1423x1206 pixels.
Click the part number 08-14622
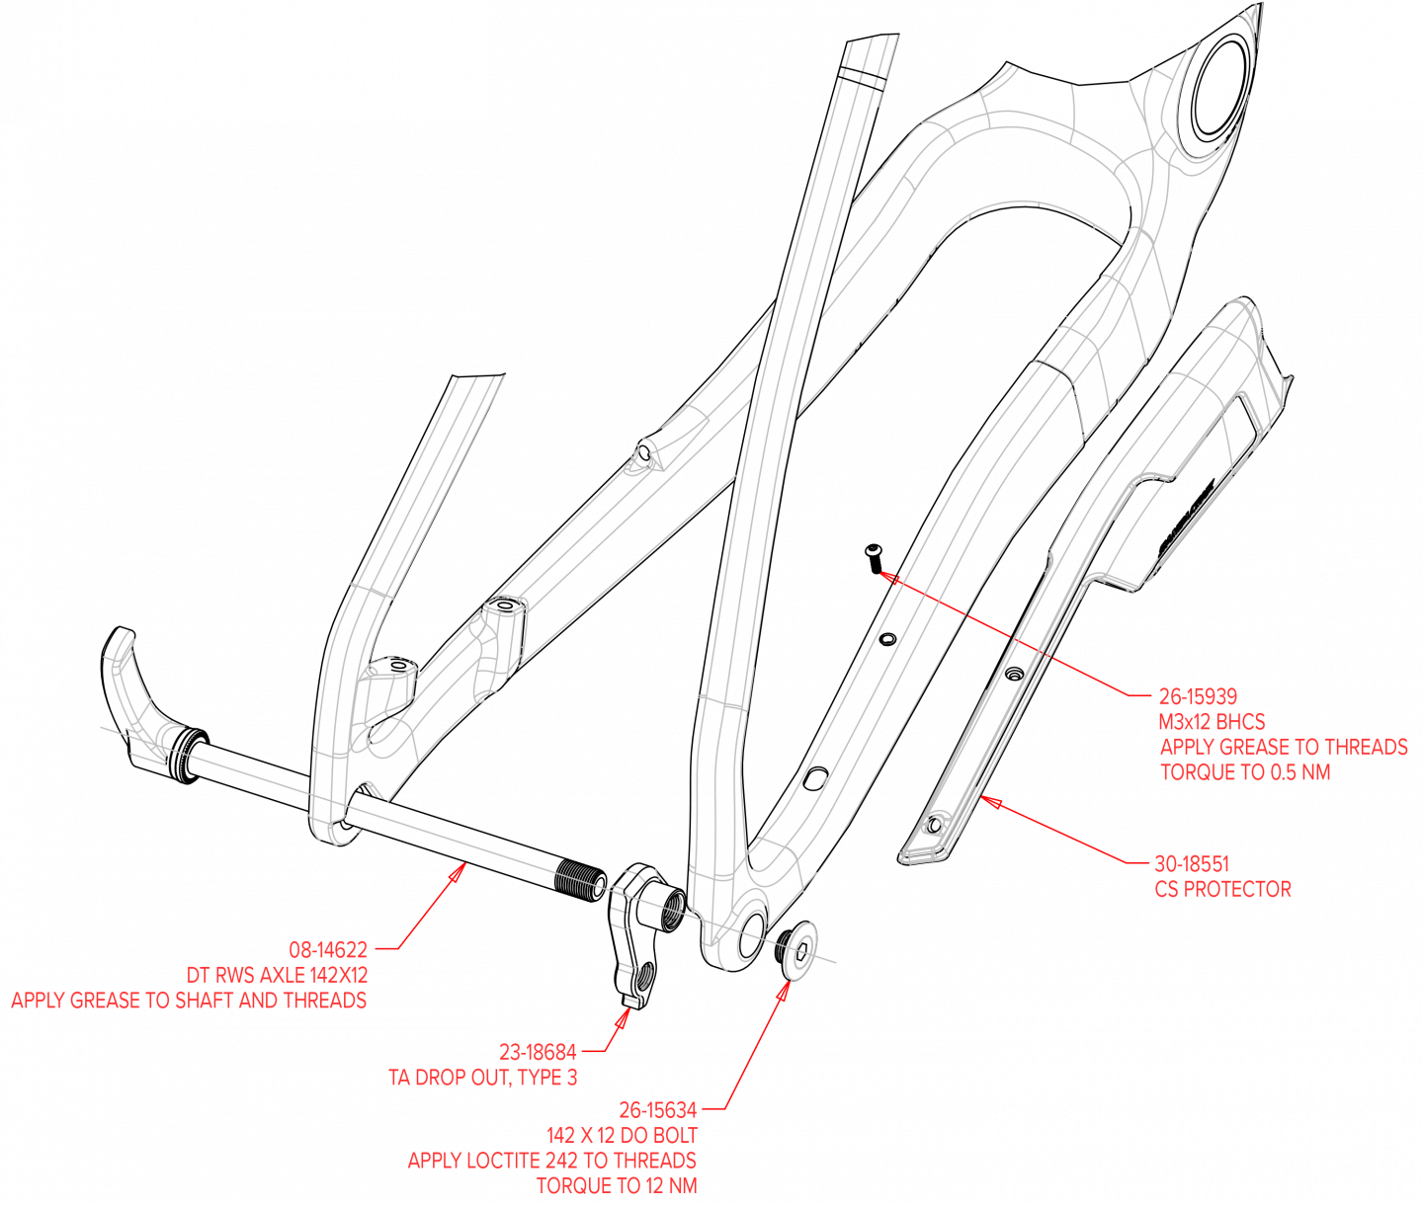[x=328, y=950]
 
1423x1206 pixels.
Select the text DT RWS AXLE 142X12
[x=277, y=976]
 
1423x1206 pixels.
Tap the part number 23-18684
[x=538, y=1053]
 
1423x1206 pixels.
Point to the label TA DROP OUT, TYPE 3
[x=483, y=1078]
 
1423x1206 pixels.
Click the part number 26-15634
[x=657, y=1110]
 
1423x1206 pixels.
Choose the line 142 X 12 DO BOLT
[x=622, y=1136]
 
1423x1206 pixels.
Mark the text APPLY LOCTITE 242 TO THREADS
[x=551, y=1161]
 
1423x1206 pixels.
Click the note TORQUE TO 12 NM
[x=617, y=1186]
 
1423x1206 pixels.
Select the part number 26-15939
[x=1198, y=697]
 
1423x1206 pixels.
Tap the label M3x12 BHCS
[x=1213, y=722]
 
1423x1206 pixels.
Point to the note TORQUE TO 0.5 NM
[x=1245, y=772]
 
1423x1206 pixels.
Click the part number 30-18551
[x=1192, y=864]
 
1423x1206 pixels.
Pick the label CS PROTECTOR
[x=1223, y=889]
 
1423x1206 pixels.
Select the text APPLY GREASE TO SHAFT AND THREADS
[x=189, y=1001]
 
